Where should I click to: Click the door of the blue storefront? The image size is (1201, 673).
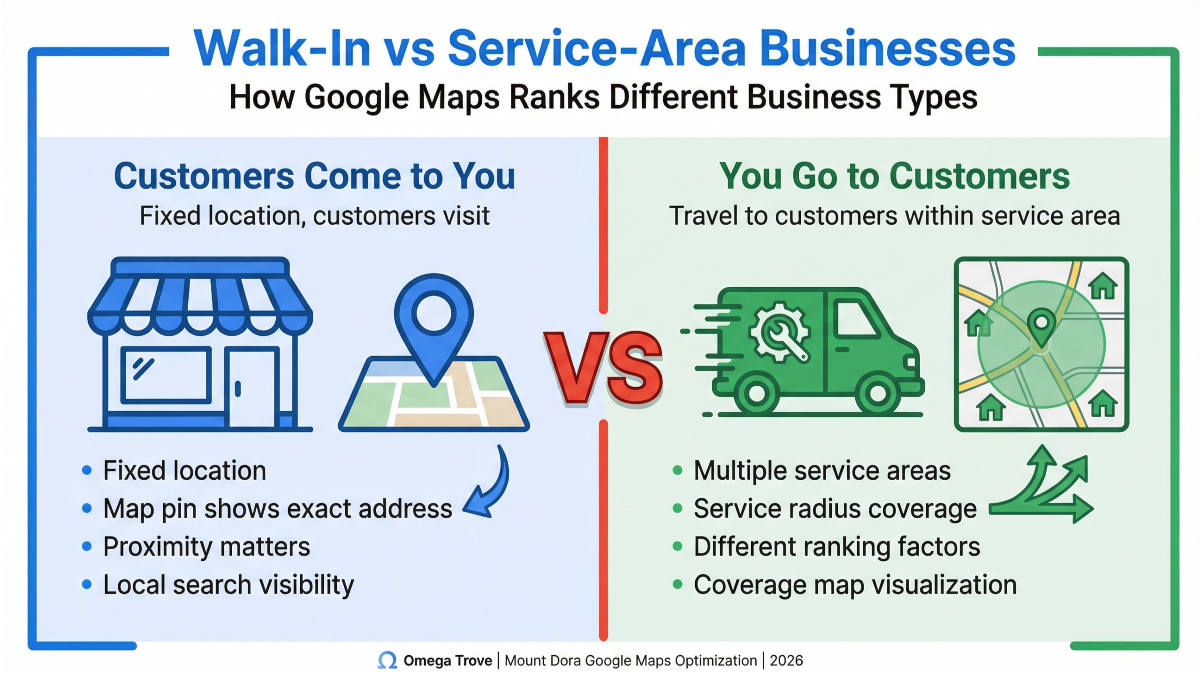[x=252, y=387]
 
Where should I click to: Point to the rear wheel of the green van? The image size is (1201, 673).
[x=756, y=393]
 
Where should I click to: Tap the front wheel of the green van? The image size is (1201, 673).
[x=877, y=393]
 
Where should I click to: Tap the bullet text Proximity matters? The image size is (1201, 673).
[x=206, y=547]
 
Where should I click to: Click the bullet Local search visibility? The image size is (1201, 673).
[x=228, y=585]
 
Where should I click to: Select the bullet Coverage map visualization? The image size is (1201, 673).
[x=855, y=585]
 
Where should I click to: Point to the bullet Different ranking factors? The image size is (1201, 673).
[x=836, y=547]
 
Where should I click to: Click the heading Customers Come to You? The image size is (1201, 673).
[x=314, y=176]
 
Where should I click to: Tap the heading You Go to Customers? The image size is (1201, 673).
[x=894, y=176]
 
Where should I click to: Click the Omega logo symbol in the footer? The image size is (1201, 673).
[x=388, y=660]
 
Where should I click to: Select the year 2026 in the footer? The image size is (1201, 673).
[x=786, y=660]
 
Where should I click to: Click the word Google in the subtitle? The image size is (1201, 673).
[x=357, y=98]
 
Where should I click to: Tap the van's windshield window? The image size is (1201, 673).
[x=856, y=319]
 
